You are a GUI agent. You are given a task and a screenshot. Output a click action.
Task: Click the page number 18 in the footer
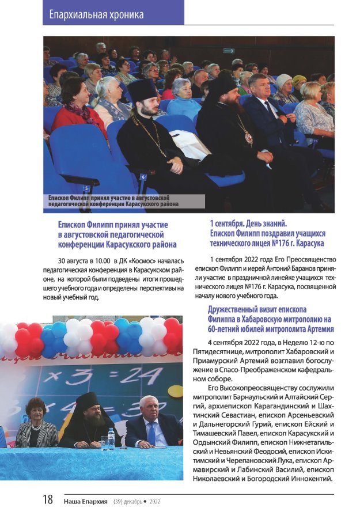point(47,499)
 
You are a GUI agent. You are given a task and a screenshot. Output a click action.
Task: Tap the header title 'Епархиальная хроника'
point(96,14)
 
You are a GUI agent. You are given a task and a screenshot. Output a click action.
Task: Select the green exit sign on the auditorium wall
point(228,51)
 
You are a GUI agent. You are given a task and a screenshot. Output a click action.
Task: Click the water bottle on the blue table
point(111,438)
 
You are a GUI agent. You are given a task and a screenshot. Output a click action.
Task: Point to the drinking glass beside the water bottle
point(104,442)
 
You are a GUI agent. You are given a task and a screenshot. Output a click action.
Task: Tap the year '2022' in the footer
point(155,501)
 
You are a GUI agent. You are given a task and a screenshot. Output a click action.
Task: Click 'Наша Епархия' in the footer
point(86,501)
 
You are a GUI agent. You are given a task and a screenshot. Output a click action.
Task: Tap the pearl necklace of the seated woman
point(36,427)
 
